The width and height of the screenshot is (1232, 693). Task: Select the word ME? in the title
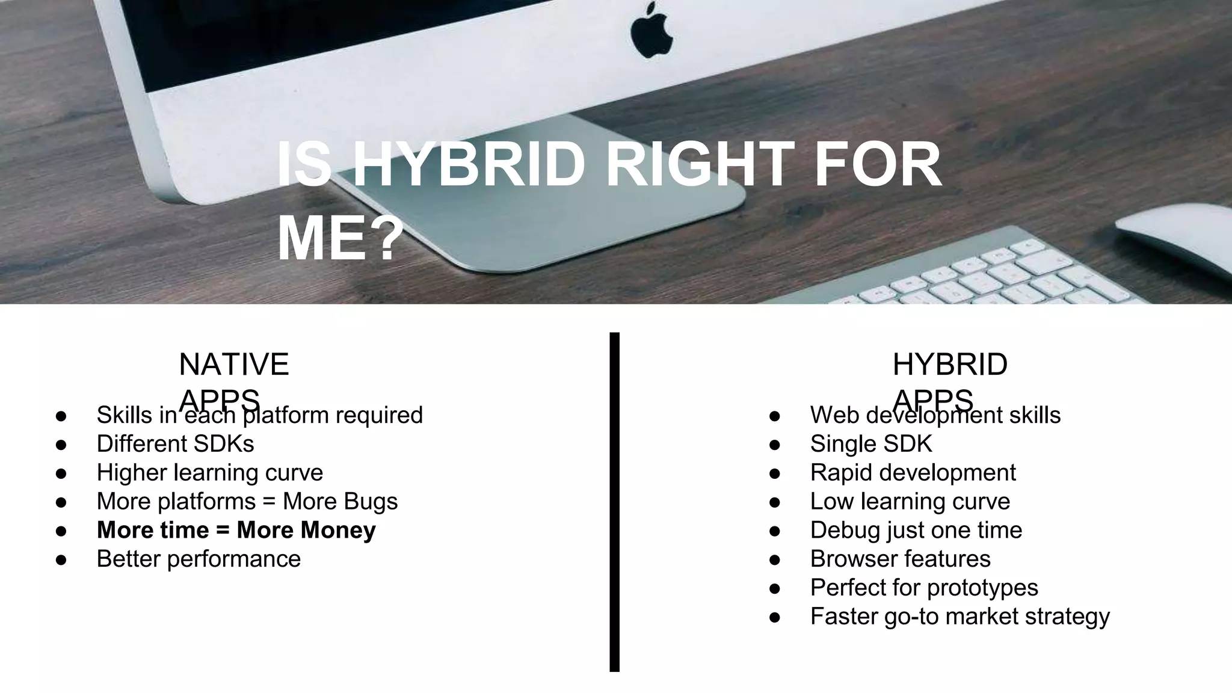coord(340,239)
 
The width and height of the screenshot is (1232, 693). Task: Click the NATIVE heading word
coord(234,365)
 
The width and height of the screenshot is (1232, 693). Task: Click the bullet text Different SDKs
coord(175,444)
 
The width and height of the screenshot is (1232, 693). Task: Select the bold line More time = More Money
coord(236,530)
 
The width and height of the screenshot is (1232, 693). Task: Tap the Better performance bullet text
coord(199,559)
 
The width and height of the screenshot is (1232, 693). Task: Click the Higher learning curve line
coord(209,472)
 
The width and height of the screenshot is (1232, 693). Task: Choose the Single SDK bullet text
coord(870,444)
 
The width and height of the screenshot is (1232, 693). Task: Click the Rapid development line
coord(913,472)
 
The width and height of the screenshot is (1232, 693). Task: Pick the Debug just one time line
coord(916,530)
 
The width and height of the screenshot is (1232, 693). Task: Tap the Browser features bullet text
coord(900,559)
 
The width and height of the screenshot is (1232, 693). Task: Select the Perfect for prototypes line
coord(923,588)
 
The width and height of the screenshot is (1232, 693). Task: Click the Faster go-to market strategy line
coord(959,617)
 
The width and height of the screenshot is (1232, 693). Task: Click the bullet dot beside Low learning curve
coord(775,502)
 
